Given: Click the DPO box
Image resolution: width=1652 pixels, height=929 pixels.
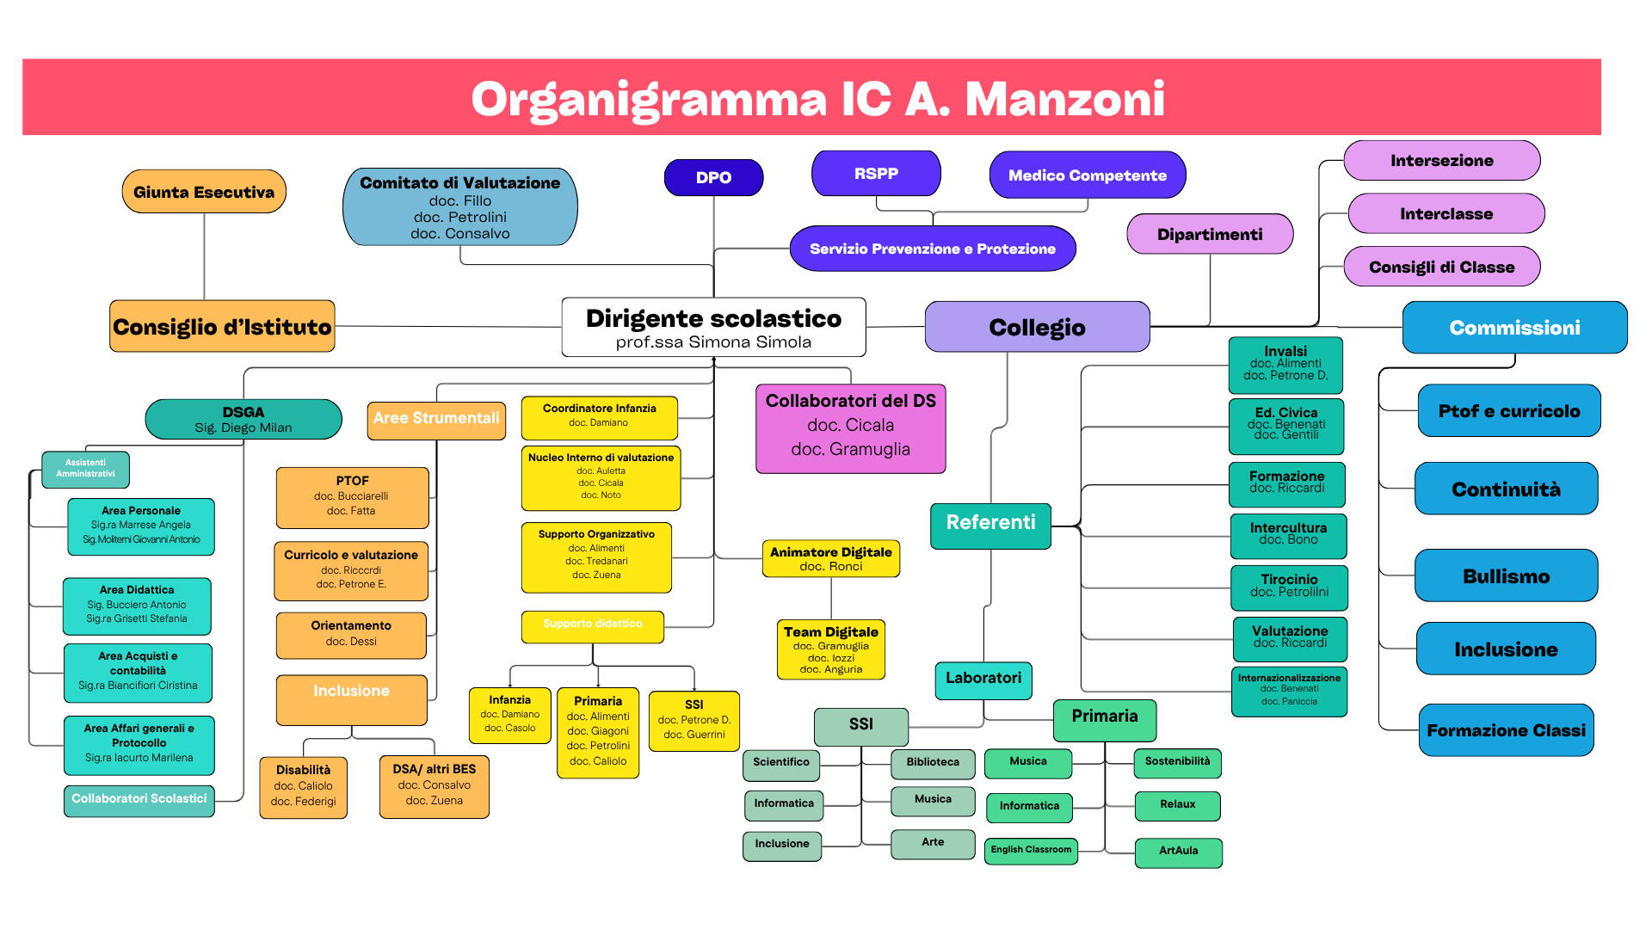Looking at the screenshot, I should click(713, 178).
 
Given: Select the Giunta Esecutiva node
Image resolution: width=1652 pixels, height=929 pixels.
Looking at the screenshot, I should click(204, 192).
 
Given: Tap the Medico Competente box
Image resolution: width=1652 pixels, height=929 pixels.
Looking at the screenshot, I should click(1088, 175).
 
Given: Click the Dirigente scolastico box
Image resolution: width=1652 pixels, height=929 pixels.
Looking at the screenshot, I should click(713, 328).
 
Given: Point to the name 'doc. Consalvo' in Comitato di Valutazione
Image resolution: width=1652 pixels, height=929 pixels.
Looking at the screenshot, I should click(459, 234).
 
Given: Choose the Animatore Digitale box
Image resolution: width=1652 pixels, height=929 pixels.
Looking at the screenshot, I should click(830, 558).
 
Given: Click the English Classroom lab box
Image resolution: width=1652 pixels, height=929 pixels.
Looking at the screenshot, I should click(1031, 850).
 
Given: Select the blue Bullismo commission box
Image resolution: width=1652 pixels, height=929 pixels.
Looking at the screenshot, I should click(1506, 576).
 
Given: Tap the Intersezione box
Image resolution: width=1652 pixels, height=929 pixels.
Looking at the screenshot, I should click(1441, 161).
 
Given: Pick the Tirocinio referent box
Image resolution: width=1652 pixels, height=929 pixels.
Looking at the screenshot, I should click(1289, 586).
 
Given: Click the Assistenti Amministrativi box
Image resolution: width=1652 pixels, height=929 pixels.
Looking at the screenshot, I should click(86, 469).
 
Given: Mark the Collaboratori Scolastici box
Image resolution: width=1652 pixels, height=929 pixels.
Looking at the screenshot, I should click(139, 799).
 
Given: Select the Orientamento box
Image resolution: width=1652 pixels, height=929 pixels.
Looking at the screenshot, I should click(351, 634).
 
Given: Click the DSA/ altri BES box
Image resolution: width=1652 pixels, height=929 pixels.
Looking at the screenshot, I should click(434, 785).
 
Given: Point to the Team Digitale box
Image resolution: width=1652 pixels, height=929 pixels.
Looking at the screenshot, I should click(830, 649).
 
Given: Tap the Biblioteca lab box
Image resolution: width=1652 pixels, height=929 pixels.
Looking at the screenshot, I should click(932, 762).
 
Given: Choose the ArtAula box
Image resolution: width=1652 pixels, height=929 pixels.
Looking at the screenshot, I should click(1178, 851).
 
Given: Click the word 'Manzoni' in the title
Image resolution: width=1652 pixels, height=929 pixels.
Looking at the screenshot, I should click(1064, 99).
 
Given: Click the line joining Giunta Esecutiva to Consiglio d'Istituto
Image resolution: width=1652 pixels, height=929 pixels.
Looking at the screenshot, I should click(204, 256).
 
